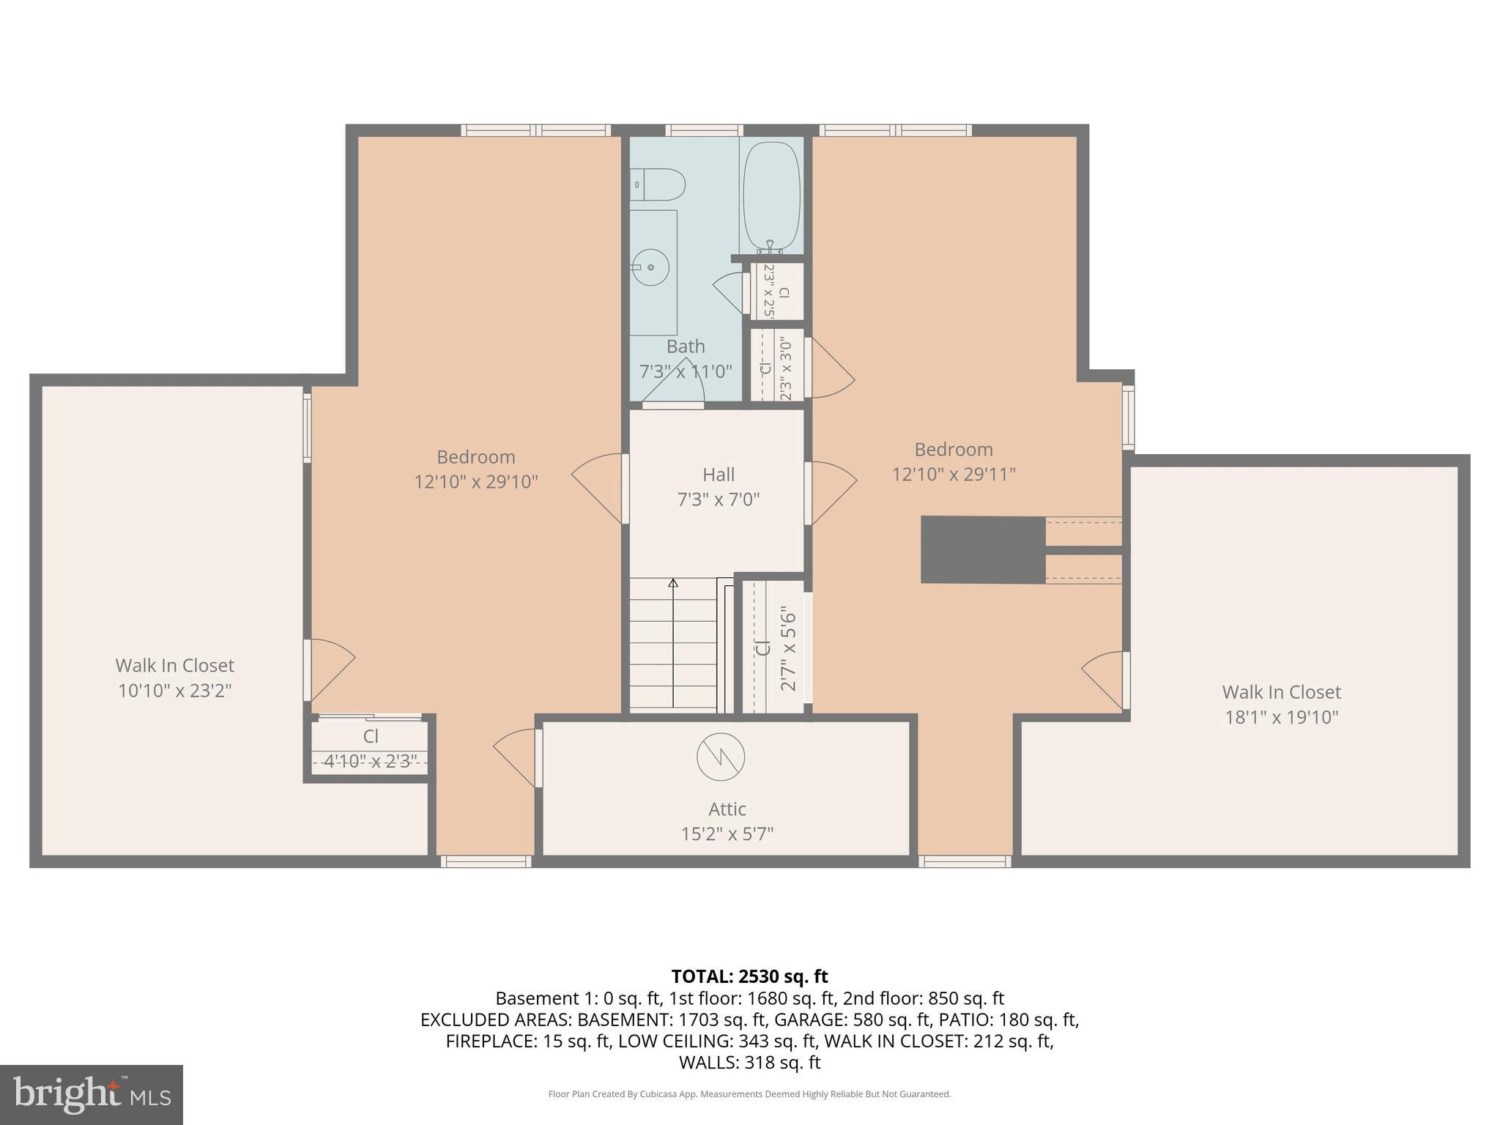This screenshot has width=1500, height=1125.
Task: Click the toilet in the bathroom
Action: click(659, 185)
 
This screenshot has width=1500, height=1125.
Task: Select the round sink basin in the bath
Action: click(650, 268)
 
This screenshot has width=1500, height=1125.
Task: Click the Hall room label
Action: click(718, 475)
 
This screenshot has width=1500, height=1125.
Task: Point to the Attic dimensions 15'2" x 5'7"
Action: click(727, 833)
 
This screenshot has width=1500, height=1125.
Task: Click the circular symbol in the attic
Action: click(721, 757)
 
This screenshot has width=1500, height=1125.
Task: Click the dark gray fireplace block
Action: click(982, 549)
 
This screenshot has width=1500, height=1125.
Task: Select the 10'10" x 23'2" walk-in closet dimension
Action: click(175, 691)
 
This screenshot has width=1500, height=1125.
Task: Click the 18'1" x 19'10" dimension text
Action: click(1281, 717)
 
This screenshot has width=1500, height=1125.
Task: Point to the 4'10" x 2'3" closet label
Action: click(370, 762)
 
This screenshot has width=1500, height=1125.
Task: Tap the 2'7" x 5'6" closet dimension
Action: click(788, 647)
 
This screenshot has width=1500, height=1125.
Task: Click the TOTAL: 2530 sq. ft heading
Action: click(749, 976)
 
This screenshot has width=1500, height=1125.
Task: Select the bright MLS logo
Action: click(92, 1094)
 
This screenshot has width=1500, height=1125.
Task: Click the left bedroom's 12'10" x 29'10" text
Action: click(476, 482)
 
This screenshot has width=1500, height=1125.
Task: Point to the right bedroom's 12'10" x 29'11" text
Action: click(953, 475)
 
